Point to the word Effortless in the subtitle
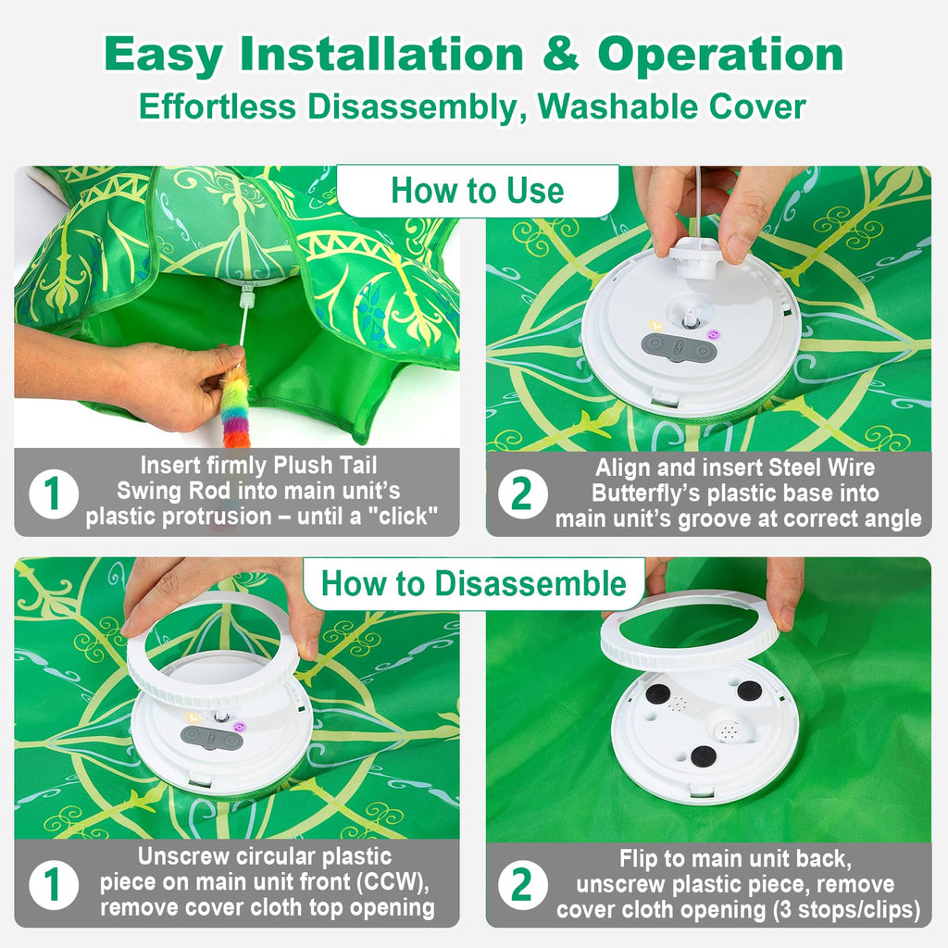(219, 106)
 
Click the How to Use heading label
(477, 191)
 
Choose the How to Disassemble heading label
(473, 584)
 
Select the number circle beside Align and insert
(522, 493)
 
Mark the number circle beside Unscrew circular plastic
(53, 886)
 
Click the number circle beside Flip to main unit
(522, 886)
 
